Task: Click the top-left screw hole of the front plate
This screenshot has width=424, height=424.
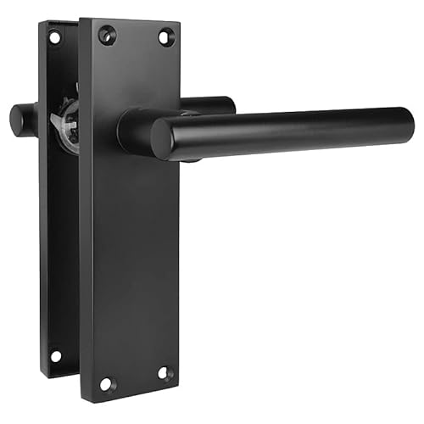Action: (107, 35)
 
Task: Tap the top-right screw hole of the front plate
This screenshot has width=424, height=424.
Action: (166, 36)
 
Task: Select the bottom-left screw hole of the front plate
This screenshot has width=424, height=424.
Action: (106, 383)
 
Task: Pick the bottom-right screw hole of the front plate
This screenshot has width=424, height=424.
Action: (165, 372)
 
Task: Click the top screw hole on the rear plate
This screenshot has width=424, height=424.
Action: (54, 37)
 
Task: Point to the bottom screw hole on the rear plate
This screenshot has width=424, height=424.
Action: (56, 355)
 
